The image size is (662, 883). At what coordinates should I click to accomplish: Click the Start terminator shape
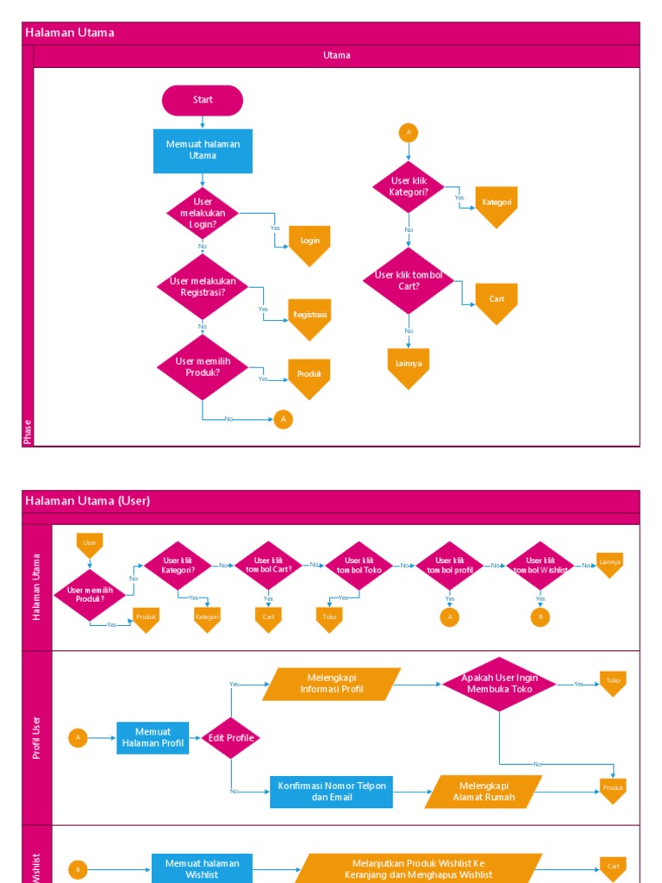(x=203, y=100)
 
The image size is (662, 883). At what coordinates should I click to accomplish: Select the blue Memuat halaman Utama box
(x=203, y=151)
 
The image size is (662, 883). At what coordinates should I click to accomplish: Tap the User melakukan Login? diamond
(x=203, y=213)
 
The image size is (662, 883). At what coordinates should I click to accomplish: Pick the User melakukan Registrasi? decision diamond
(x=203, y=286)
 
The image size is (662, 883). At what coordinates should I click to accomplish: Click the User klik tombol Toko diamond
(x=359, y=566)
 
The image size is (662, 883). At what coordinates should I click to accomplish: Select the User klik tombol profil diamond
(x=450, y=566)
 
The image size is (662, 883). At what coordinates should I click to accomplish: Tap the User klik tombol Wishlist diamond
(x=540, y=566)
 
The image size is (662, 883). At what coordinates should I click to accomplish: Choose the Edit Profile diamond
(x=231, y=738)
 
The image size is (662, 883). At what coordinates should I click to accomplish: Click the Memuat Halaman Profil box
(x=153, y=738)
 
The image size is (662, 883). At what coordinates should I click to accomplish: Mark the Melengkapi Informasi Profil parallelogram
(x=332, y=684)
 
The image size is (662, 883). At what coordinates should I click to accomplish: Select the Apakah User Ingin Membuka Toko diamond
(x=499, y=684)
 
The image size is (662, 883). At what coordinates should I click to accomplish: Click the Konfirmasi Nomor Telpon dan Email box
(x=331, y=792)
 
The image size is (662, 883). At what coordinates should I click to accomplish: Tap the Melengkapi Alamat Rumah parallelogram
(x=484, y=792)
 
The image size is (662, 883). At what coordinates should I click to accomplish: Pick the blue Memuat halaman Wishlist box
(x=203, y=867)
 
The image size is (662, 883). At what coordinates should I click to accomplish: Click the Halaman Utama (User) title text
(x=87, y=501)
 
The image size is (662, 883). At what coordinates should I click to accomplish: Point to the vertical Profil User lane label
(x=37, y=737)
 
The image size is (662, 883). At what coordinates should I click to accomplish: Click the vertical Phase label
(x=28, y=431)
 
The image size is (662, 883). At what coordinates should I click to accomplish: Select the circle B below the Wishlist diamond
(x=540, y=617)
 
